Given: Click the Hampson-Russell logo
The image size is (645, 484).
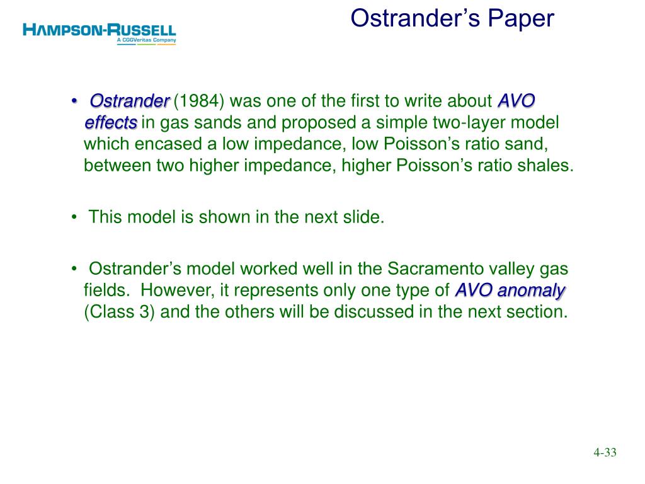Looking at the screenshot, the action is [100, 34].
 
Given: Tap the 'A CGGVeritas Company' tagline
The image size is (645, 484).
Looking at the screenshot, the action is [146, 40].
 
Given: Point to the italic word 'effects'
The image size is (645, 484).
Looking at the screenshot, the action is [111, 123].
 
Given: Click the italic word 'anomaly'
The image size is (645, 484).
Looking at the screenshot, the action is [530, 291].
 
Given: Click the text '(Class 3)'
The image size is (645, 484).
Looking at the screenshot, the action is [119, 312].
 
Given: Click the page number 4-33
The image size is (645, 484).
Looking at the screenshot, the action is [605, 452].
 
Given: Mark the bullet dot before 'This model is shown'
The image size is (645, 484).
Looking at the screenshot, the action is [74, 217].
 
